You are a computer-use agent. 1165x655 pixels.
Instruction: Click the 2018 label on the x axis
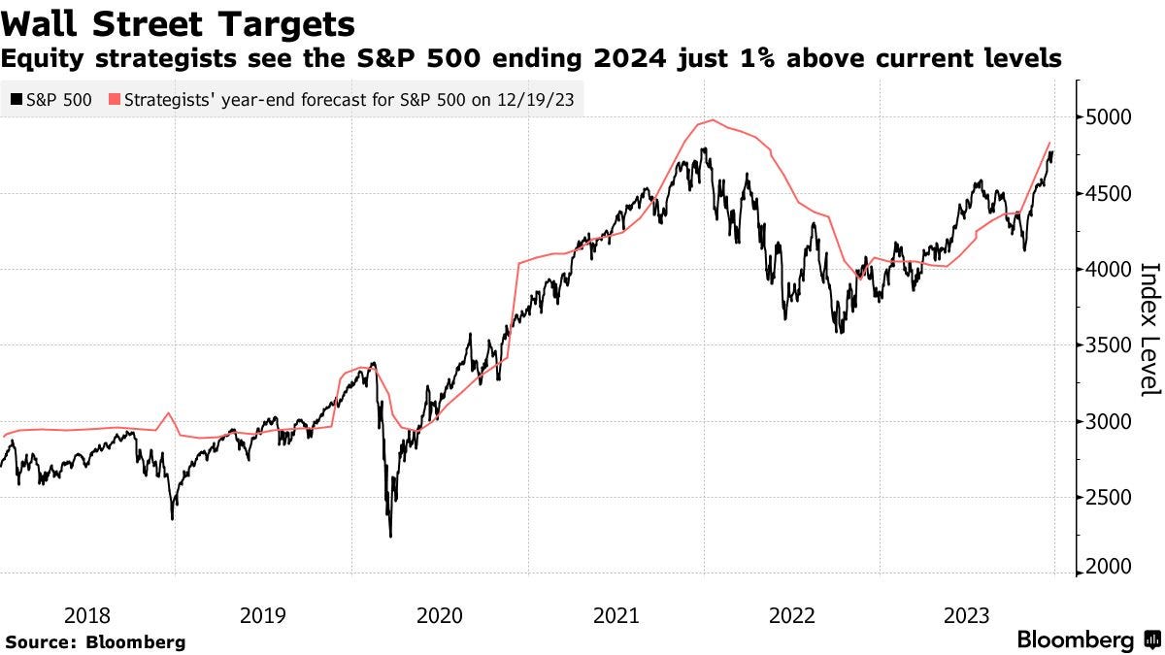click(x=86, y=614)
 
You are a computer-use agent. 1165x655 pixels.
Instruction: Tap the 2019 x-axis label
click(x=263, y=614)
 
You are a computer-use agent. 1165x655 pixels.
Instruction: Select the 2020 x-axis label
click(x=440, y=614)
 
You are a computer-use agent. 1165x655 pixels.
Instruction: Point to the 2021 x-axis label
click(x=616, y=614)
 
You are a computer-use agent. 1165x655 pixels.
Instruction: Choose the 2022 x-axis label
click(x=792, y=614)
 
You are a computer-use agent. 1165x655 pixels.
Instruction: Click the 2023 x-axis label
click(x=969, y=614)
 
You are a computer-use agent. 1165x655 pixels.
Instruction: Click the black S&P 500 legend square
click(x=16, y=99)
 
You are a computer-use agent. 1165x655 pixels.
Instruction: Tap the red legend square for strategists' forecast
click(x=115, y=99)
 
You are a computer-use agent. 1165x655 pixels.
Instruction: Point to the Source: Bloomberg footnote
click(x=95, y=642)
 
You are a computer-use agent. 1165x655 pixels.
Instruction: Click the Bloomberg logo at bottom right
click(x=1087, y=640)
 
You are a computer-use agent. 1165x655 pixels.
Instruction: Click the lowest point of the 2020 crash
click(x=390, y=536)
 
